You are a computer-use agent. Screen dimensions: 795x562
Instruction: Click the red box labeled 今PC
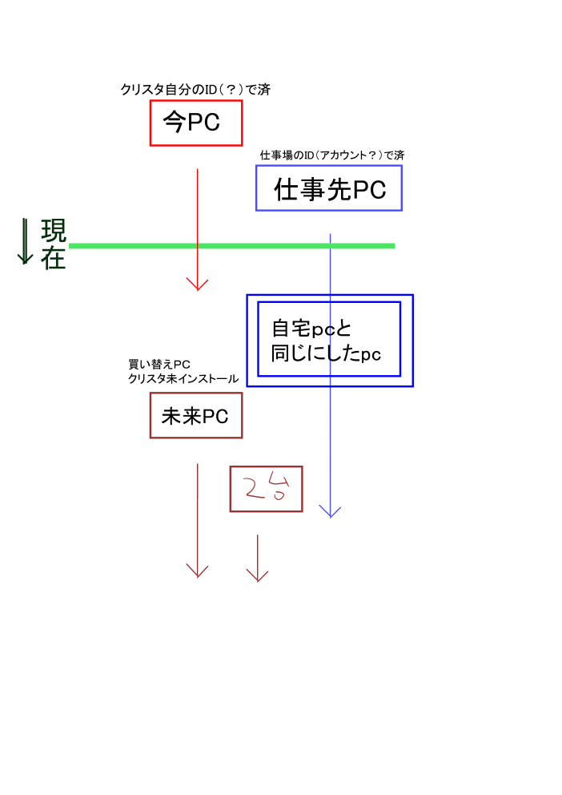(x=196, y=123)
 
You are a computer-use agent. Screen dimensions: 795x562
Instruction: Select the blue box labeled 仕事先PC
(x=329, y=188)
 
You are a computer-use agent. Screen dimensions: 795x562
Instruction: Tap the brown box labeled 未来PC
(x=196, y=416)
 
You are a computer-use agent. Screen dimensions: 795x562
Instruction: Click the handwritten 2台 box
(x=266, y=489)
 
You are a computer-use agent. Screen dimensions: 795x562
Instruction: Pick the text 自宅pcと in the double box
(x=312, y=329)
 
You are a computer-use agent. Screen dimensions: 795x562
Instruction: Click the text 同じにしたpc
(x=326, y=353)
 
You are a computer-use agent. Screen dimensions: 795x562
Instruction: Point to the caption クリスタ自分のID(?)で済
(x=195, y=90)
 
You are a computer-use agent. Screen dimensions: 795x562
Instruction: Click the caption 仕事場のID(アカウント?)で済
(x=332, y=155)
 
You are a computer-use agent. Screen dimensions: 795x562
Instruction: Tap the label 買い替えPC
(x=159, y=365)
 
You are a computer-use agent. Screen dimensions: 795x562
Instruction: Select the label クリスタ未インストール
(x=183, y=379)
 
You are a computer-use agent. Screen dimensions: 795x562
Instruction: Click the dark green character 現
(x=54, y=231)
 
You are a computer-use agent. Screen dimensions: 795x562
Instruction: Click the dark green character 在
(x=54, y=258)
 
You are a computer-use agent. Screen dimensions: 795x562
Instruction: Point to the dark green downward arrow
(x=25, y=242)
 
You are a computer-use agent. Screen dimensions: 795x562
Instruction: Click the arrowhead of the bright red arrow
(x=197, y=285)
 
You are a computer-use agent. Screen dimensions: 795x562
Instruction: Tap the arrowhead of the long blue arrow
(x=330, y=511)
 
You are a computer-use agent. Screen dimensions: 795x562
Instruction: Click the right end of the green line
(x=392, y=245)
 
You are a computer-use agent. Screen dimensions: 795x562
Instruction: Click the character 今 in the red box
(x=175, y=122)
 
